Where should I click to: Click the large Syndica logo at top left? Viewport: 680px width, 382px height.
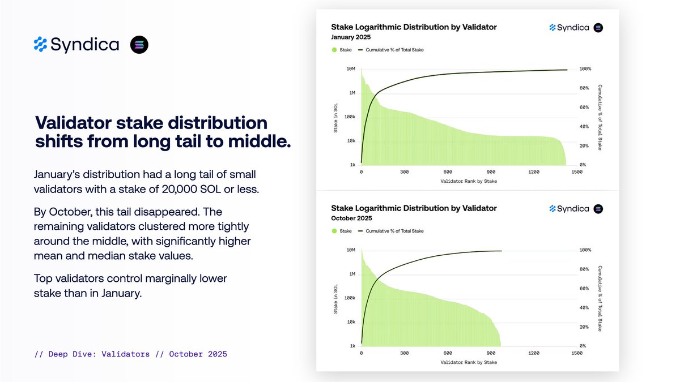(x=76, y=44)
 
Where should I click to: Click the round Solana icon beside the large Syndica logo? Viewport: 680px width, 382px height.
(x=139, y=44)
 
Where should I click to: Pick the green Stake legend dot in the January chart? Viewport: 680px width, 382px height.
(x=334, y=50)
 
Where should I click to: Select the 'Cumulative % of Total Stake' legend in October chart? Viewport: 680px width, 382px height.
(x=394, y=231)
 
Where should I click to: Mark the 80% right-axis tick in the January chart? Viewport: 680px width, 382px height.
(x=584, y=88)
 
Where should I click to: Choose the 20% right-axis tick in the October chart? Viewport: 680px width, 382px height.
(x=584, y=327)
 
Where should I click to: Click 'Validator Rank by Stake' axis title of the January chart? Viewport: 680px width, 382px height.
(x=469, y=181)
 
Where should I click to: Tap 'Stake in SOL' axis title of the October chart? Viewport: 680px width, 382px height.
(x=337, y=298)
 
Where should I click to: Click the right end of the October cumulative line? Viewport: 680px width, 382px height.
(x=501, y=251)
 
